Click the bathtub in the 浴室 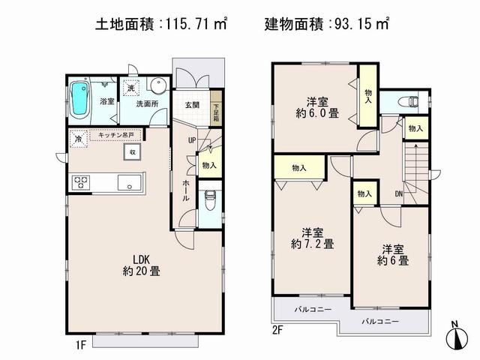click(79, 101)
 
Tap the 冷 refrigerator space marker click(77, 138)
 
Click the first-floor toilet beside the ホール click(211, 200)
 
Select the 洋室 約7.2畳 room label click(313, 237)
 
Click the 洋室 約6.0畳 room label click(314, 108)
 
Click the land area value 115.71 click(187, 24)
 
